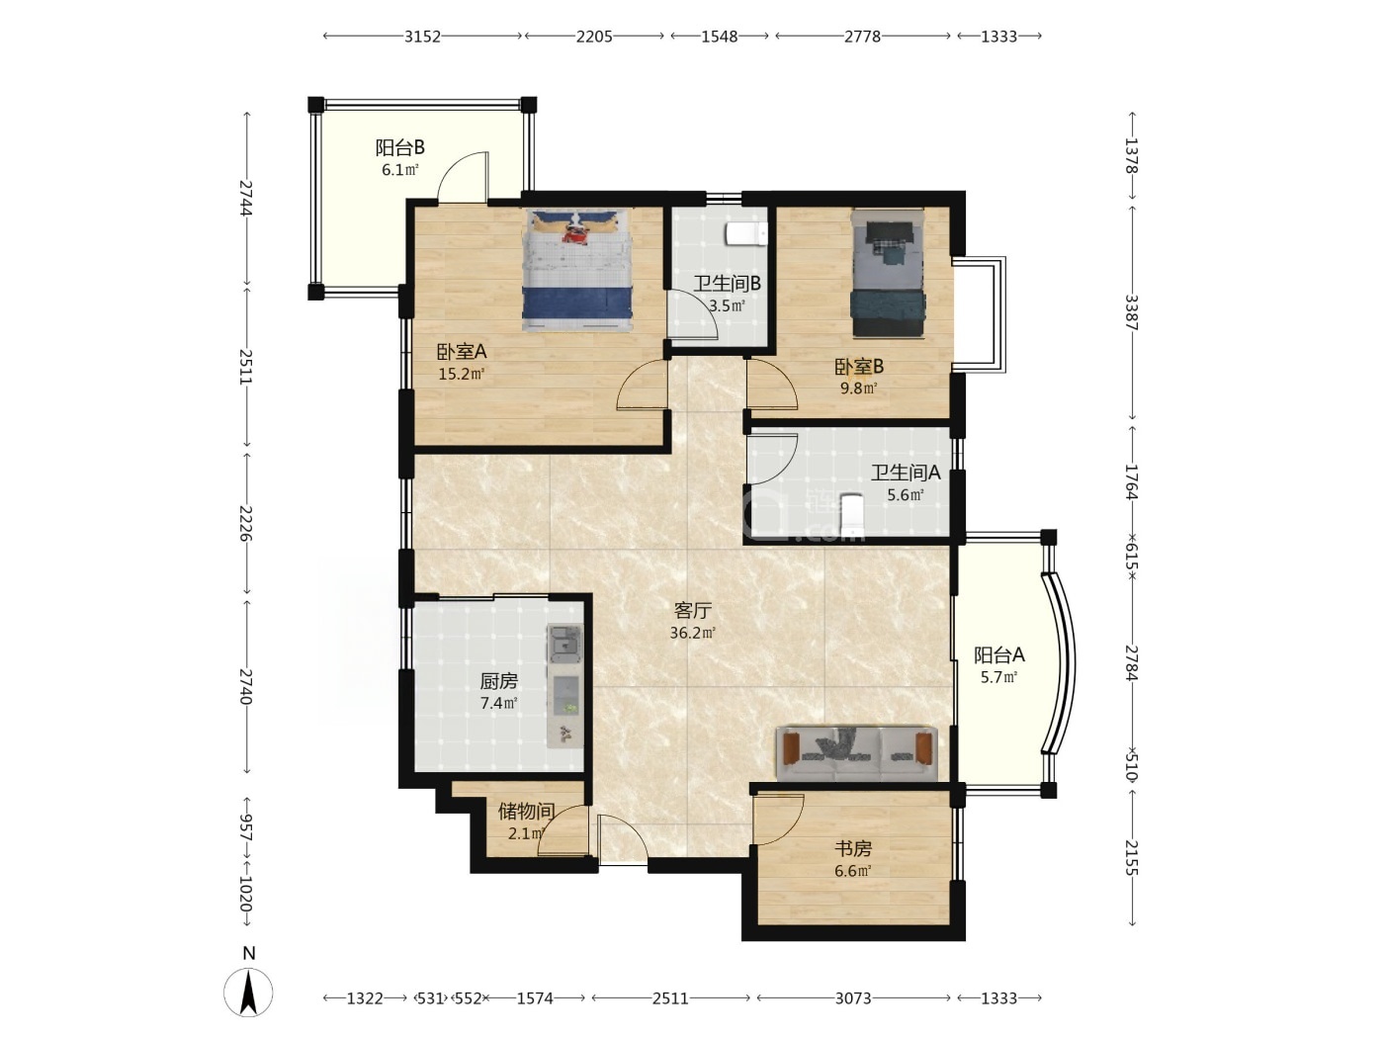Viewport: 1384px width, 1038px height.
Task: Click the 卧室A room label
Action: click(462, 351)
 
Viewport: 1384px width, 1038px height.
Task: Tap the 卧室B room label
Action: click(859, 366)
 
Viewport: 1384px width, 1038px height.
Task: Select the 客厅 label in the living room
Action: click(692, 610)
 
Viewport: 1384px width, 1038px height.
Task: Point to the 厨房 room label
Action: click(499, 681)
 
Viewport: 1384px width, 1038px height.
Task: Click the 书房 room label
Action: click(853, 849)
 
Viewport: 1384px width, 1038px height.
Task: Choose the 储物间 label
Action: click(527, 811)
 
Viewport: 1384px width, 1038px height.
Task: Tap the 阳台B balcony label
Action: click(400, 147)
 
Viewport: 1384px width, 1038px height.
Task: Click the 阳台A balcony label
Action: click(999, 655)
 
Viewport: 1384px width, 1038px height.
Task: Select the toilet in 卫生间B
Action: click(746, 233)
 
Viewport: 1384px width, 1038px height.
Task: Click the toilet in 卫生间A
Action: click(852, 515)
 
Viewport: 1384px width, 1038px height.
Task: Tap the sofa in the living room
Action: click(857, 753)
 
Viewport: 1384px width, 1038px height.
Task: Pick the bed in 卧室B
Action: click(889, 274)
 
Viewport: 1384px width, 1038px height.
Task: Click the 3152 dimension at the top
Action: click(422, 37)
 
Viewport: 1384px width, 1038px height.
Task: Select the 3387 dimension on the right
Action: click(1131, 312)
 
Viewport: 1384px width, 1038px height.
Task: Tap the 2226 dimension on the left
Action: click(246, 523)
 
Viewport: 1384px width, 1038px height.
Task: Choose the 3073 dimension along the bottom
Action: click(853, 998)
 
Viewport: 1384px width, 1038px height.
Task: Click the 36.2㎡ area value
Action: click(692, 632)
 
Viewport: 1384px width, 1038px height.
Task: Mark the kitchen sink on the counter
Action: click(564, 644)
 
